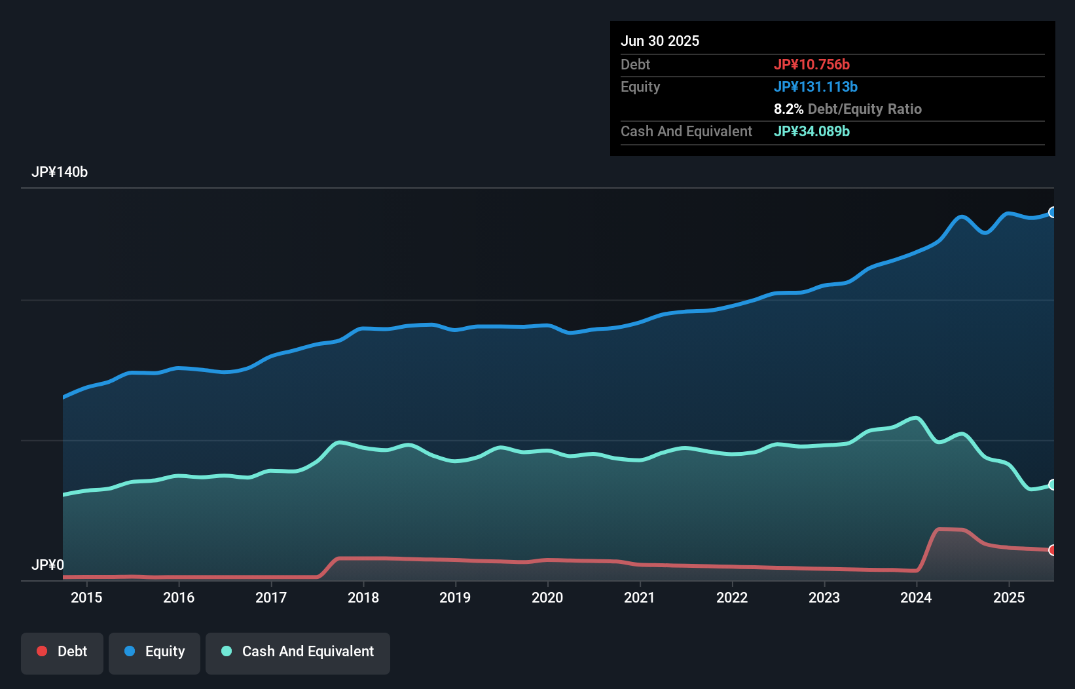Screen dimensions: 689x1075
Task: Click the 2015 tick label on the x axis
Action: point(86,597)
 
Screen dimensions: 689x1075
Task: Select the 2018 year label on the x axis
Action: point(363,597)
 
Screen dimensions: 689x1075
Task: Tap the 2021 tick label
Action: point(640,597)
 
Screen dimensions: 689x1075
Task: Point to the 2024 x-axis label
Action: point(916,597)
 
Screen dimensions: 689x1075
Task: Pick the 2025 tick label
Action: point(1009,597)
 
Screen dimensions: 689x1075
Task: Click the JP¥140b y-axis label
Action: point(60,172)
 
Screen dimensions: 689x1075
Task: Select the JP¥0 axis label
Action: point(48,565)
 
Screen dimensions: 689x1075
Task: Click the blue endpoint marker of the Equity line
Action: point(1053,212)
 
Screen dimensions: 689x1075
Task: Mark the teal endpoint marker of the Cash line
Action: point(1053,485)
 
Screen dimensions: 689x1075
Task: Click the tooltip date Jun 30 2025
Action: point(660,41)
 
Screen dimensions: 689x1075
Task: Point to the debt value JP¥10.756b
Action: point(812,64)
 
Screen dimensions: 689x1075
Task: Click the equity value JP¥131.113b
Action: point(816,86)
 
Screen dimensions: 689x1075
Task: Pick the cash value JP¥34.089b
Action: point(812,131)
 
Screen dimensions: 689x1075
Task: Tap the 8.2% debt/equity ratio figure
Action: point(788,109)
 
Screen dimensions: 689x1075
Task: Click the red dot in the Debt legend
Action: point(42,651)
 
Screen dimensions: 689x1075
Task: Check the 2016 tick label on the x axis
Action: point(179,597)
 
